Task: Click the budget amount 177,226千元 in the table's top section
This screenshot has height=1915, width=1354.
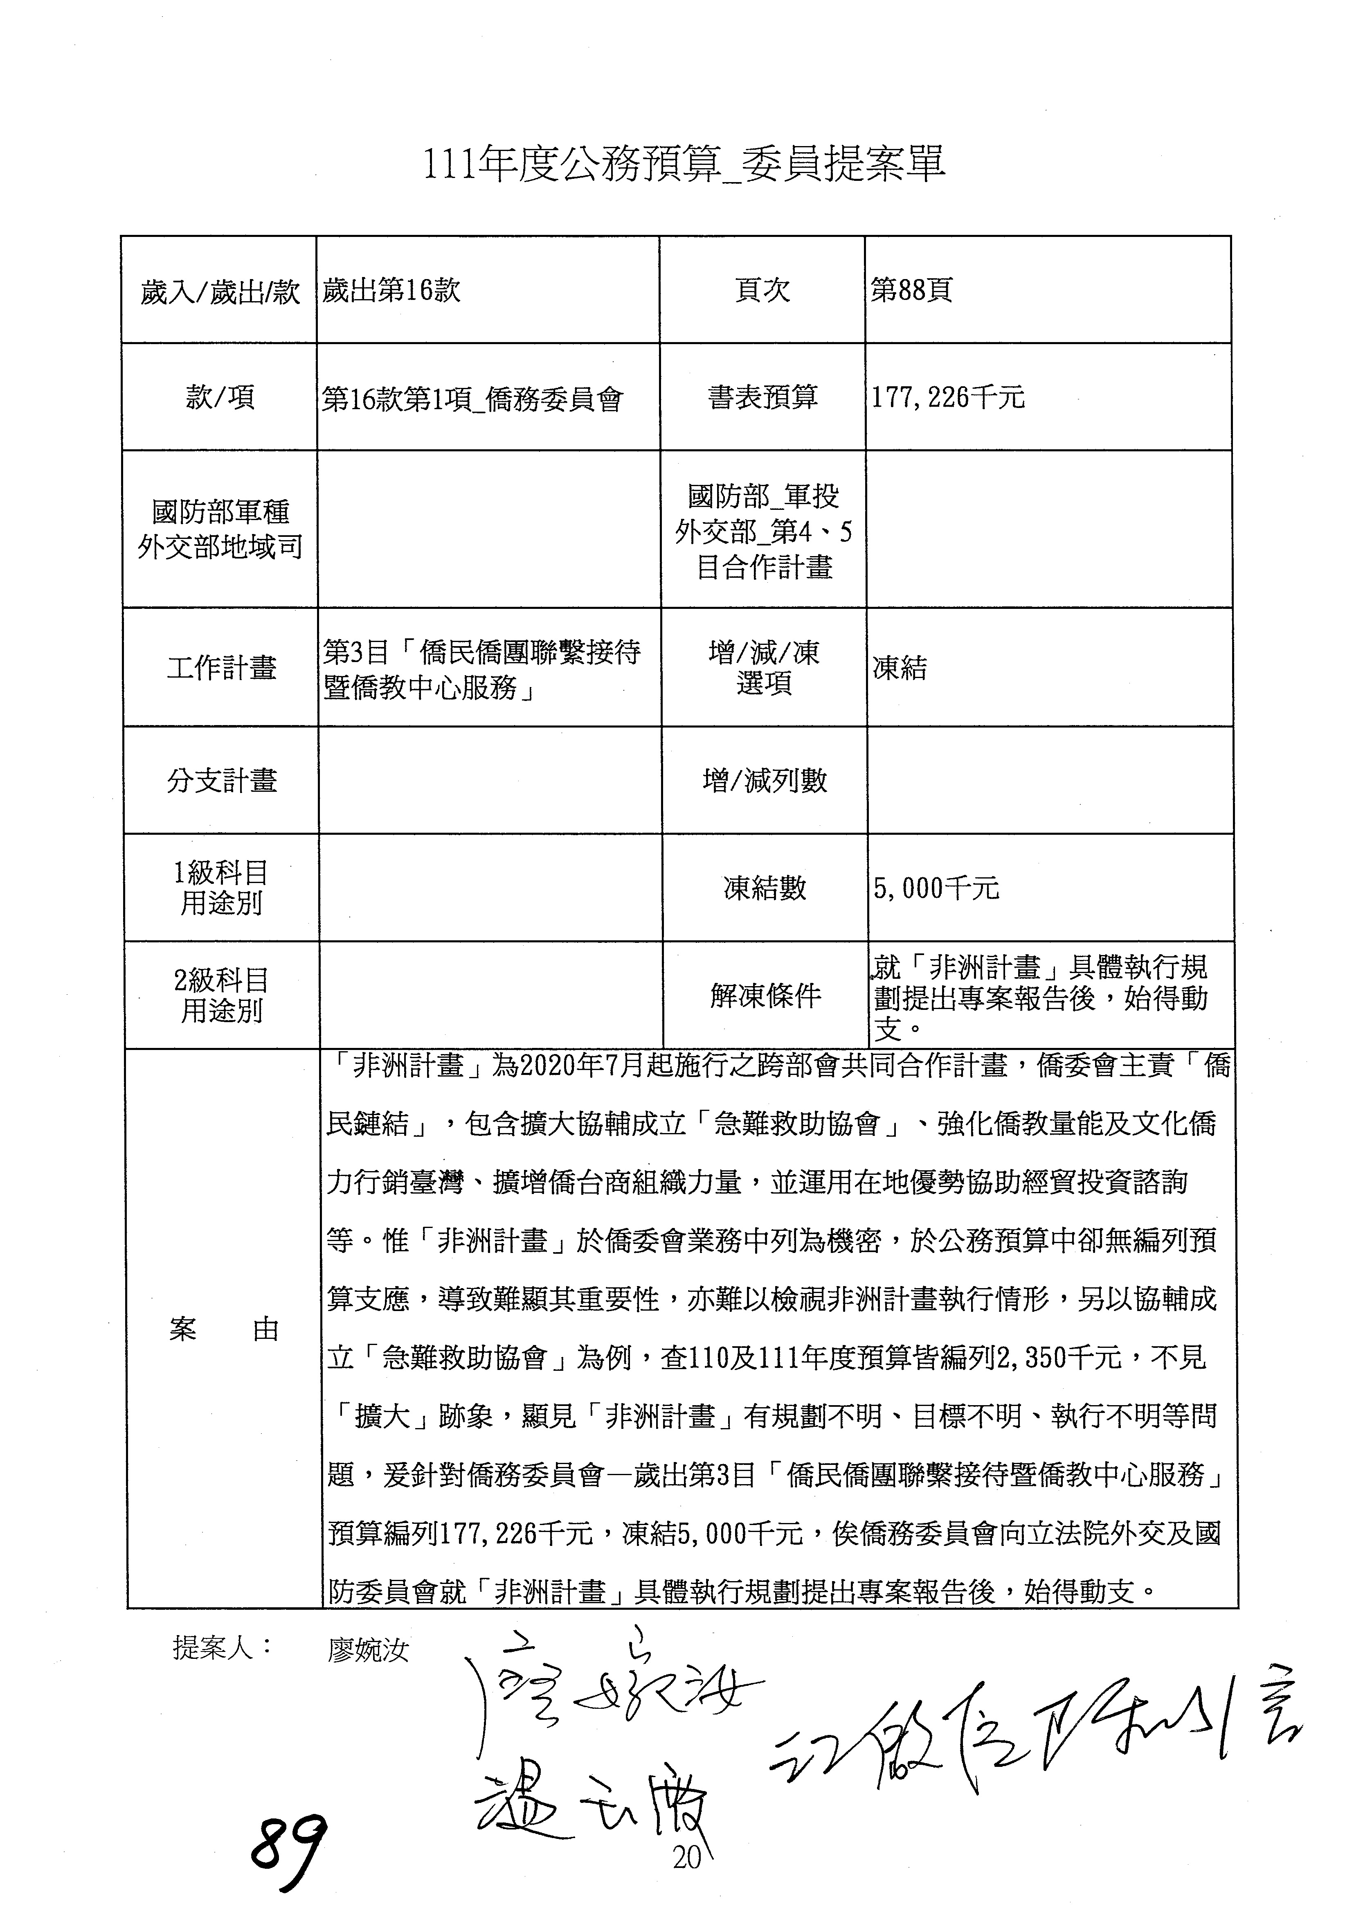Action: coord(948,398)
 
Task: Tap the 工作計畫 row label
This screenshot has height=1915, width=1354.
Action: coord(221,668)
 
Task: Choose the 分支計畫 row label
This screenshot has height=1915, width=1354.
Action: coord(221,781)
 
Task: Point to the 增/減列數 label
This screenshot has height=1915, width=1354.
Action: coord(765,781)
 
